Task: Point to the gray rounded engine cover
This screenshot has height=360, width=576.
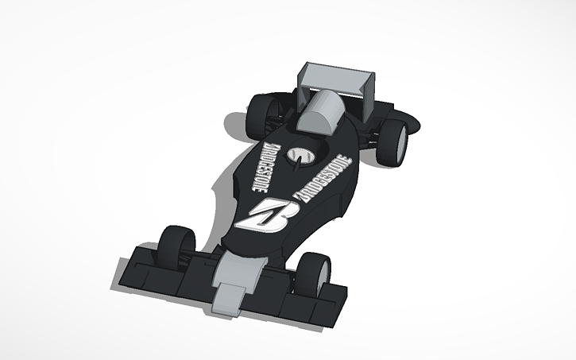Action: [321, 112]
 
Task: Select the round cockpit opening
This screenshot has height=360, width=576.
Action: [302, 156]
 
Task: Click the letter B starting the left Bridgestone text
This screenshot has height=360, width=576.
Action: [270, 147]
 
